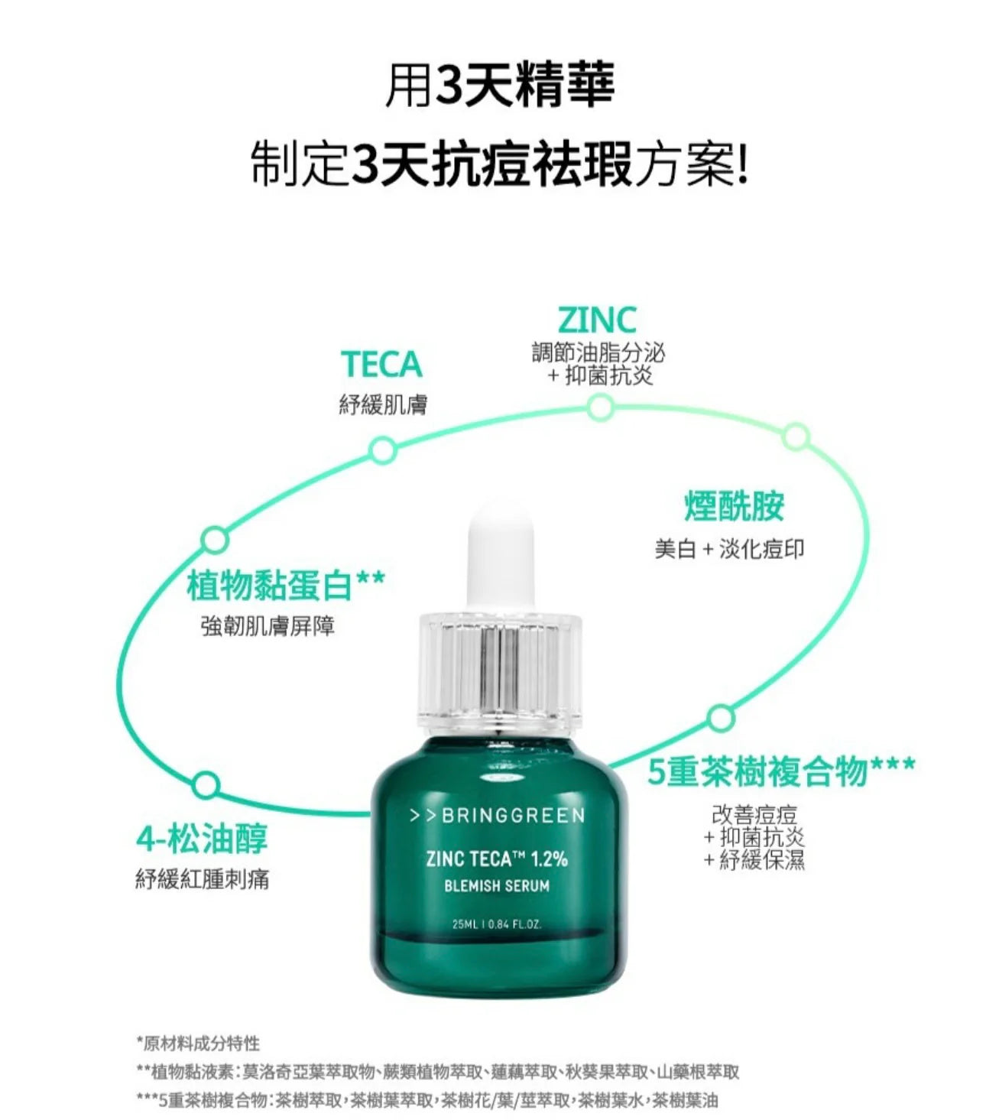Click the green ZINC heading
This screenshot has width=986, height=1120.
(x=597, y=320)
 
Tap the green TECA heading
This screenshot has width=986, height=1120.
(x=382, y=365)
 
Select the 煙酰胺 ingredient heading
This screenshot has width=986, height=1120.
(x=734, y=505)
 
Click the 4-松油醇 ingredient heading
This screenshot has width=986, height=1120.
(x=202, y=839)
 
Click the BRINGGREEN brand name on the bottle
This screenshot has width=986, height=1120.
(x=497, y=816)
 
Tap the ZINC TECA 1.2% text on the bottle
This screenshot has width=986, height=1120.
(x=497, y=859)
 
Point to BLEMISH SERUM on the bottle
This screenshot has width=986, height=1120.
(x=497, y=886)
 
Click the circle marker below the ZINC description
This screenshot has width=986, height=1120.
(x=600, y=407)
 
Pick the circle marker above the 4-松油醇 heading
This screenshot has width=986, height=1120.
(x=206, y=785)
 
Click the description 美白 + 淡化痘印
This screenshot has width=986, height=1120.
(x=729, y=550)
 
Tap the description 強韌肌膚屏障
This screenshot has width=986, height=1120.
(x=268, y=626)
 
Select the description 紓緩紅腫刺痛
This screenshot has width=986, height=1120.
(x=203, y=879)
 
